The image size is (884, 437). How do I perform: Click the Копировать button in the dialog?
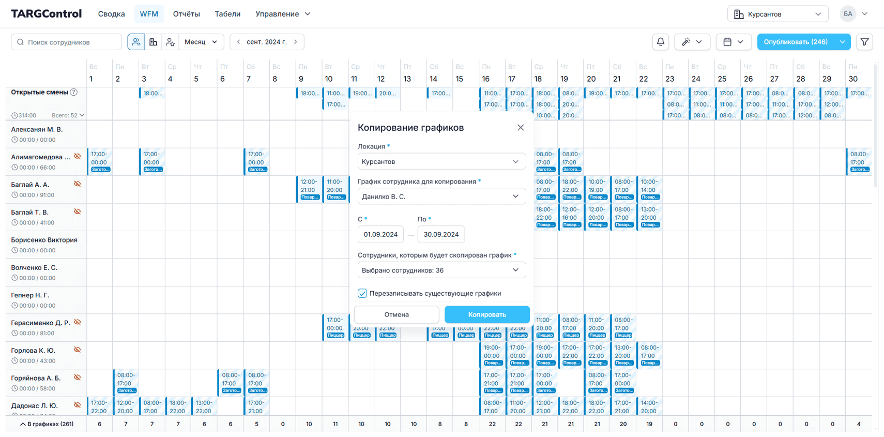[x=487, y=314]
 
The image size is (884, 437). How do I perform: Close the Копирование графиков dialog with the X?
[x=521, y=128]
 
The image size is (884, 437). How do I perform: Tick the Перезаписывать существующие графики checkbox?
[x=362, y=293]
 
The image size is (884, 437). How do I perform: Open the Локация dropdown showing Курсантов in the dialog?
[x=441, y=161]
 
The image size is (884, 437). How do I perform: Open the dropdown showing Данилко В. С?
[x=441, y=197]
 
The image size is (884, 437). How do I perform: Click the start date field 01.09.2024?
[x=380, y=234]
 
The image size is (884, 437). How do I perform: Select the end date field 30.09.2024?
[x=441, y=234]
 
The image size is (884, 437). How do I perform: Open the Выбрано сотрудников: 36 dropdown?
[x=441, y=270]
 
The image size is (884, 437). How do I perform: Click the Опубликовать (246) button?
[x=796, y=42]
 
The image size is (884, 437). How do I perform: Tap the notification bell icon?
[x=661, y=42]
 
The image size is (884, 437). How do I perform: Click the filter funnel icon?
[x=864, y=42]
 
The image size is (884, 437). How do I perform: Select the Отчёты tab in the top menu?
[x=186, y=14]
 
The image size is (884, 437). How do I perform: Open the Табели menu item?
[x=227, y=14]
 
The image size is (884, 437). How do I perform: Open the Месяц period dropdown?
[x=201, y=42]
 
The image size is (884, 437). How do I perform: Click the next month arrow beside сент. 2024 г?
[x=296, y=42]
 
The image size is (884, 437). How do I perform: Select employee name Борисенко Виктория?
[x=44, y=240]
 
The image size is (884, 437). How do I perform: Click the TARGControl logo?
[x=47, y=14]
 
